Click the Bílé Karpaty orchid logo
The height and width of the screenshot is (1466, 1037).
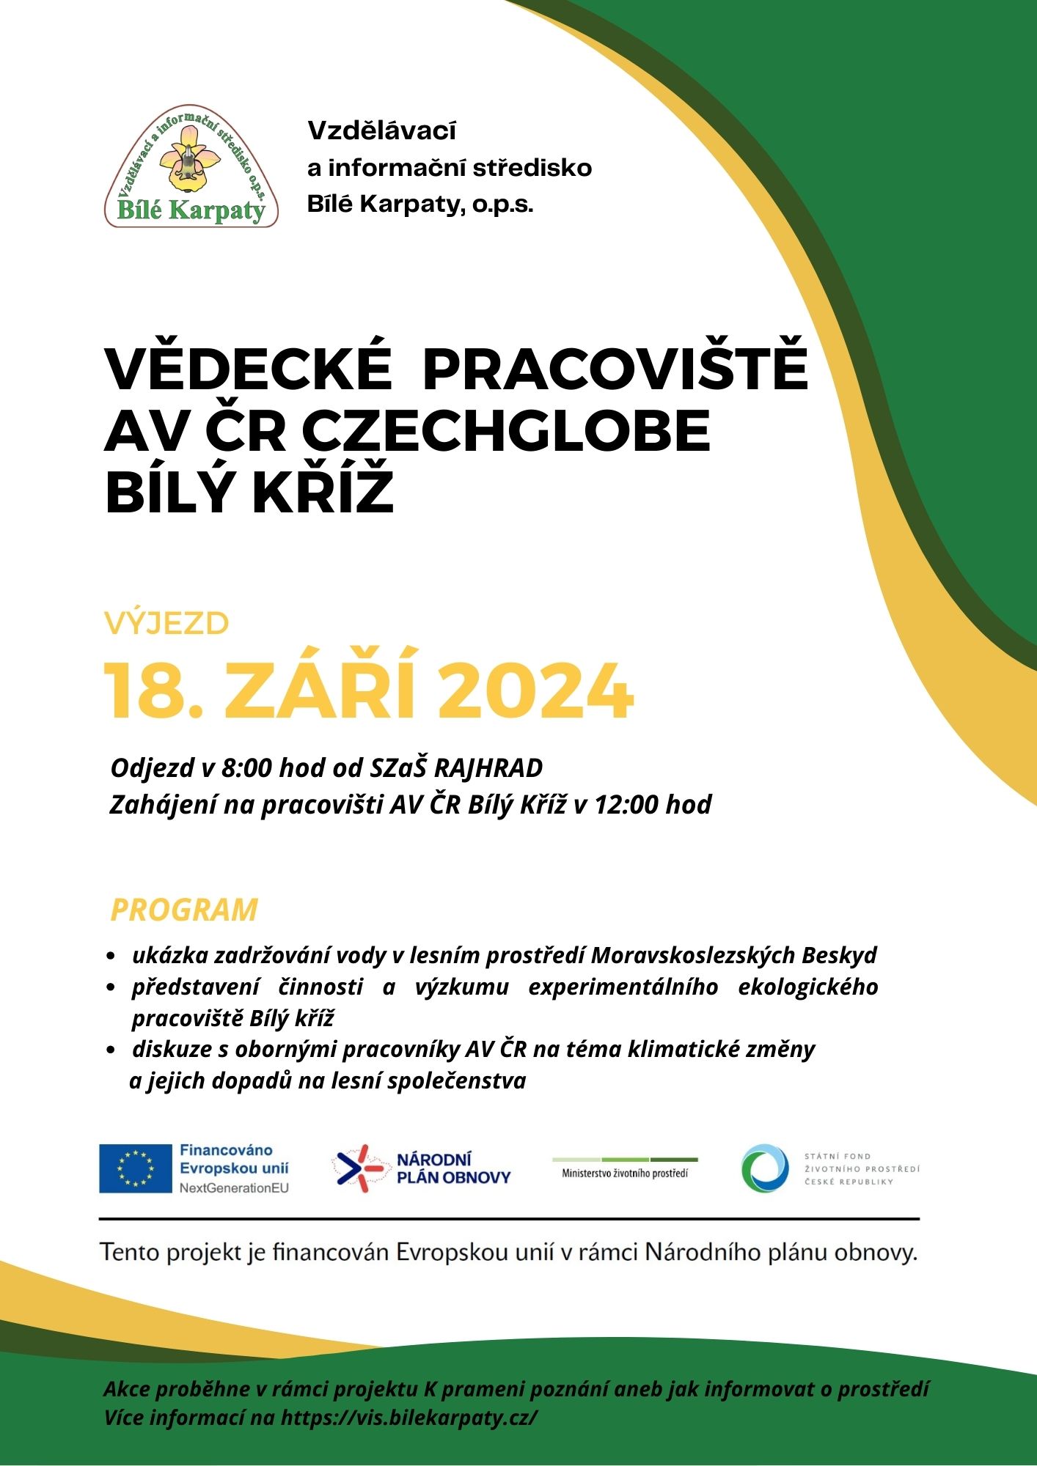[191, 166]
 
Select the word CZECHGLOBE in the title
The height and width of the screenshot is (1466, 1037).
[505, 430]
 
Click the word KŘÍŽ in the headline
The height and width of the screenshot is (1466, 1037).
[323, 493]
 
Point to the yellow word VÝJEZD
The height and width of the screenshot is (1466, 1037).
[166, 624]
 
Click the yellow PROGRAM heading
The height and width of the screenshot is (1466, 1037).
[184, 910]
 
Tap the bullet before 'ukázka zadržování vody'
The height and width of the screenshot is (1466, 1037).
[111, 957]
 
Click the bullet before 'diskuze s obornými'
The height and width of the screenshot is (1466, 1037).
[111, 1050]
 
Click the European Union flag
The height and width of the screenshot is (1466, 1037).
[135, 1168]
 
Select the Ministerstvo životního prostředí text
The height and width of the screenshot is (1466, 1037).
[625, 1173]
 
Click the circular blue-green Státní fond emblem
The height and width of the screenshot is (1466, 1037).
[765, 1168]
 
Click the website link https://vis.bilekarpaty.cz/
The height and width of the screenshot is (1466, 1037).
[409, 1417]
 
